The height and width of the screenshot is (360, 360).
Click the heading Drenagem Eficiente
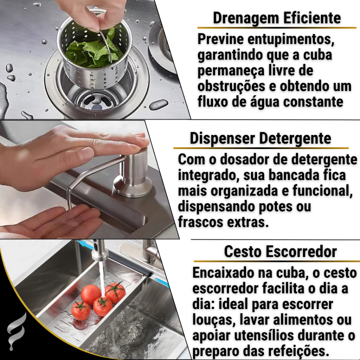tap(277, 18)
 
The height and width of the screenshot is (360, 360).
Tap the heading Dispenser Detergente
tap(261, 139)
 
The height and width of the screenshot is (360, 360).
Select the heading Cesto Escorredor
tap(280, 252)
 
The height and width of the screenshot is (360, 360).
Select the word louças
tap(213, 320)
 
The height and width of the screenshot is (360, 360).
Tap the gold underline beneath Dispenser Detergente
tap(261, 148)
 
